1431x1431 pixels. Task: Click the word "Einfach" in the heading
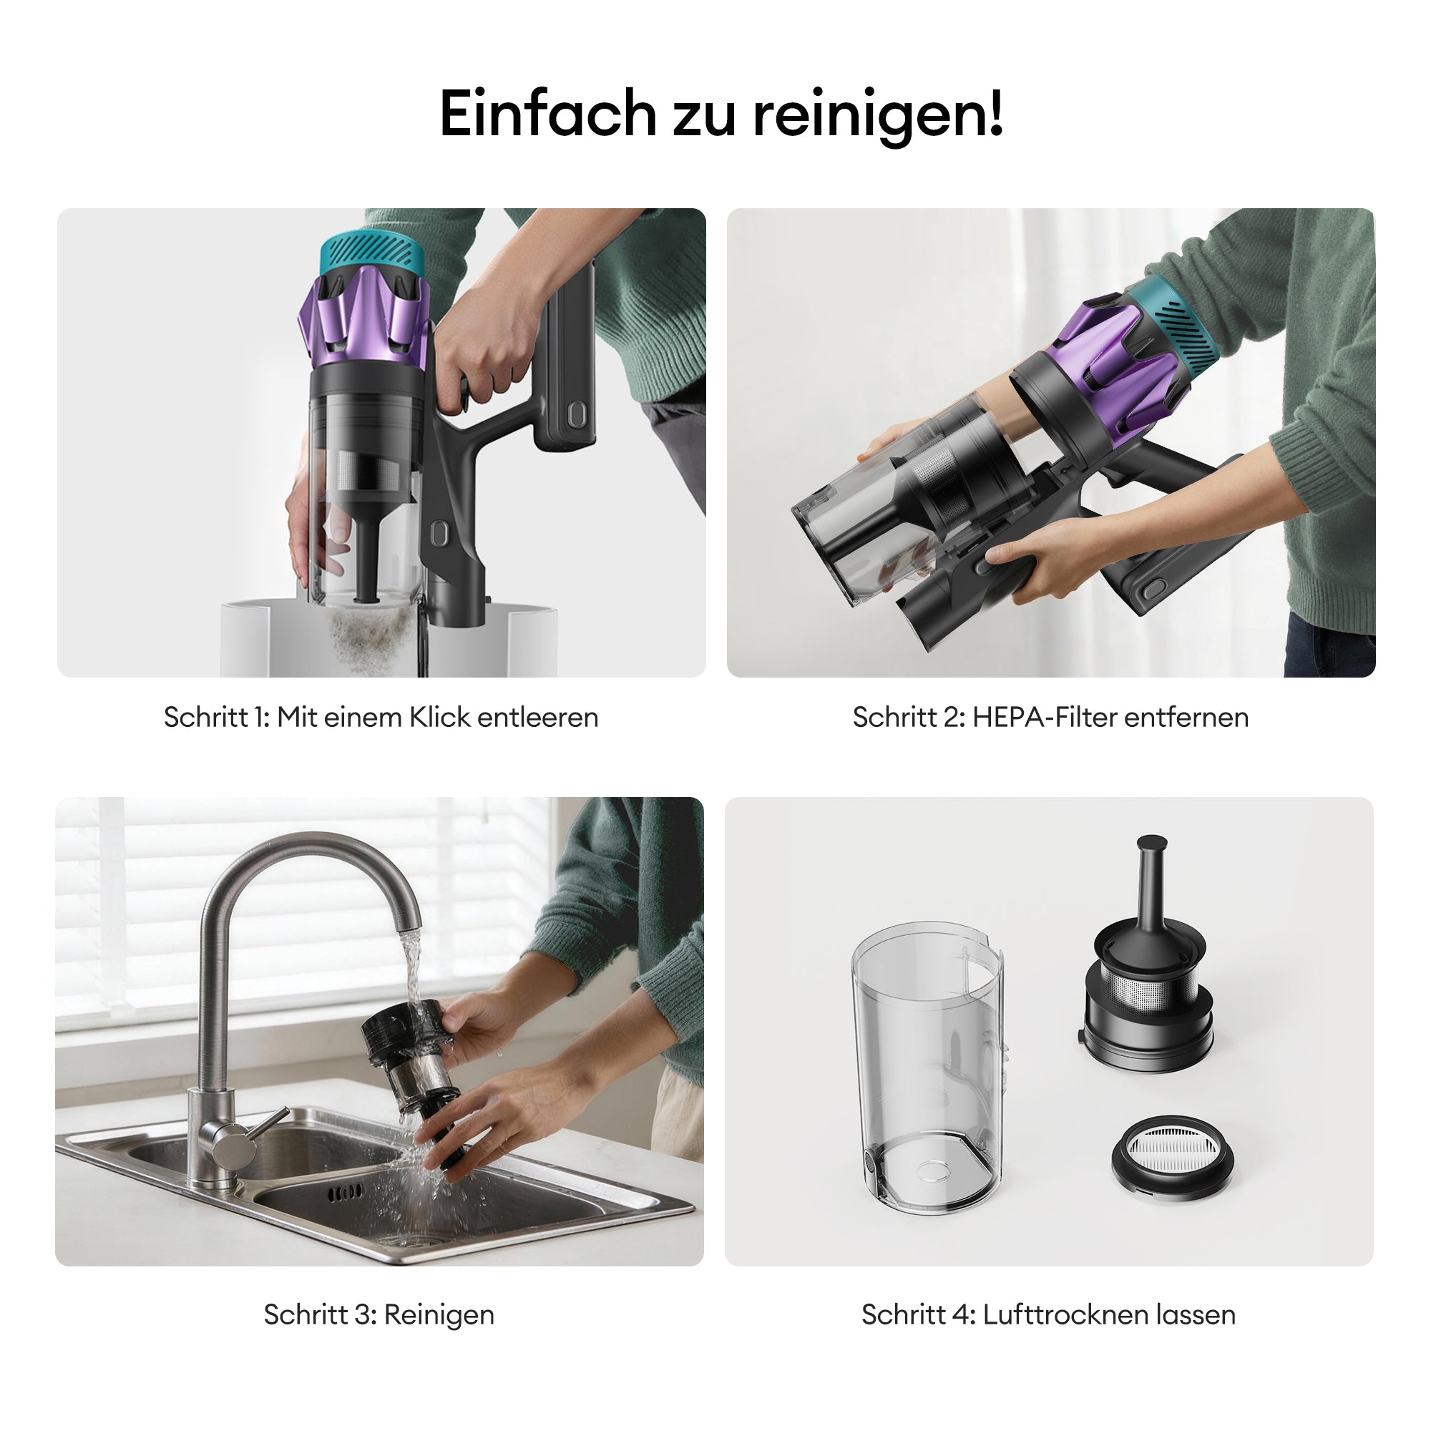[547, 114]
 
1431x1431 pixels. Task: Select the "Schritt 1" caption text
[216, 717]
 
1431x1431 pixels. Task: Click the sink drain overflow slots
[346, 1193]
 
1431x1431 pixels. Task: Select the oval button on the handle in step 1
[575, 416]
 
